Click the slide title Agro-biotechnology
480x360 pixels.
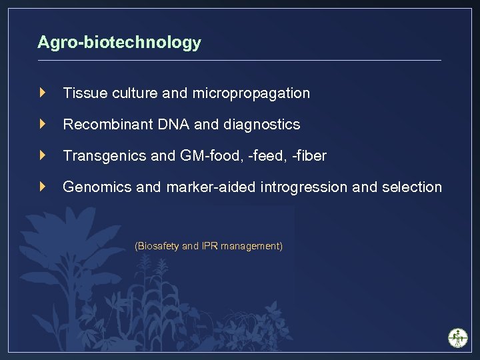119,43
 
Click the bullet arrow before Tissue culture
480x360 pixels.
43,93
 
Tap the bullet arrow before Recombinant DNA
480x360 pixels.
43,124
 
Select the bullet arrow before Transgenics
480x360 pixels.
43,155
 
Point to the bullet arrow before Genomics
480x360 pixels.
43,187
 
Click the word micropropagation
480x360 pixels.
251,93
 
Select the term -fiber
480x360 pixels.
307,156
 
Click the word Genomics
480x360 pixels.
97,187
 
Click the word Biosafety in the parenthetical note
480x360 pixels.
157,246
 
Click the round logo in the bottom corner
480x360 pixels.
457,337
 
